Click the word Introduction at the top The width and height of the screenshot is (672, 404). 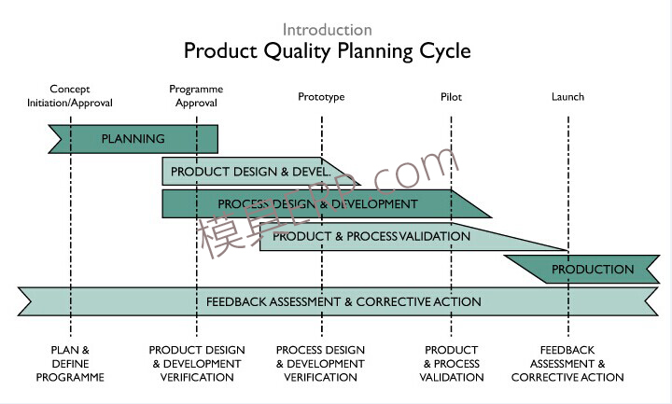click(327, 30)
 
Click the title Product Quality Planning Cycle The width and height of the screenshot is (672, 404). click(327, 50)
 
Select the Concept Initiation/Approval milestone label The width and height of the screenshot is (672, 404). click(70, 96)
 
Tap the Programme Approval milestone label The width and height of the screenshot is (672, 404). click(196, 96)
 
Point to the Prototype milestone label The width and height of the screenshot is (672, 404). click(321, 97)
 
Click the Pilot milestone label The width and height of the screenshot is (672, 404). click(451, 97)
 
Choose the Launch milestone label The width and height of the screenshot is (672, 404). click(567, 97)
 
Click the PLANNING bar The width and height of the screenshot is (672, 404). click(133, 139)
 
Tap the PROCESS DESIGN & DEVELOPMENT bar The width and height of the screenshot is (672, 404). click(317, 203)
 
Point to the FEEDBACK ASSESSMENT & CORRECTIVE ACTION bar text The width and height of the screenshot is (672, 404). click(343, 301)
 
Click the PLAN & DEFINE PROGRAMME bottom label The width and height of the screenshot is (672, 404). click(70, 364)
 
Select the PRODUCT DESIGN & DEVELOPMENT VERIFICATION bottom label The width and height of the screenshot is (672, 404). click(197, 364)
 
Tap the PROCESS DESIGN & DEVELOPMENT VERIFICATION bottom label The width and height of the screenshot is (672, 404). click(320, 364)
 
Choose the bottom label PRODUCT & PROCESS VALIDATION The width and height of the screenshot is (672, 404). click(452, 364)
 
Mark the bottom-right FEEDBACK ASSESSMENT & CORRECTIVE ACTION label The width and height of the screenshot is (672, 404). click(567, 364)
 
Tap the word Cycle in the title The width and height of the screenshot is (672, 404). click(444, 50)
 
